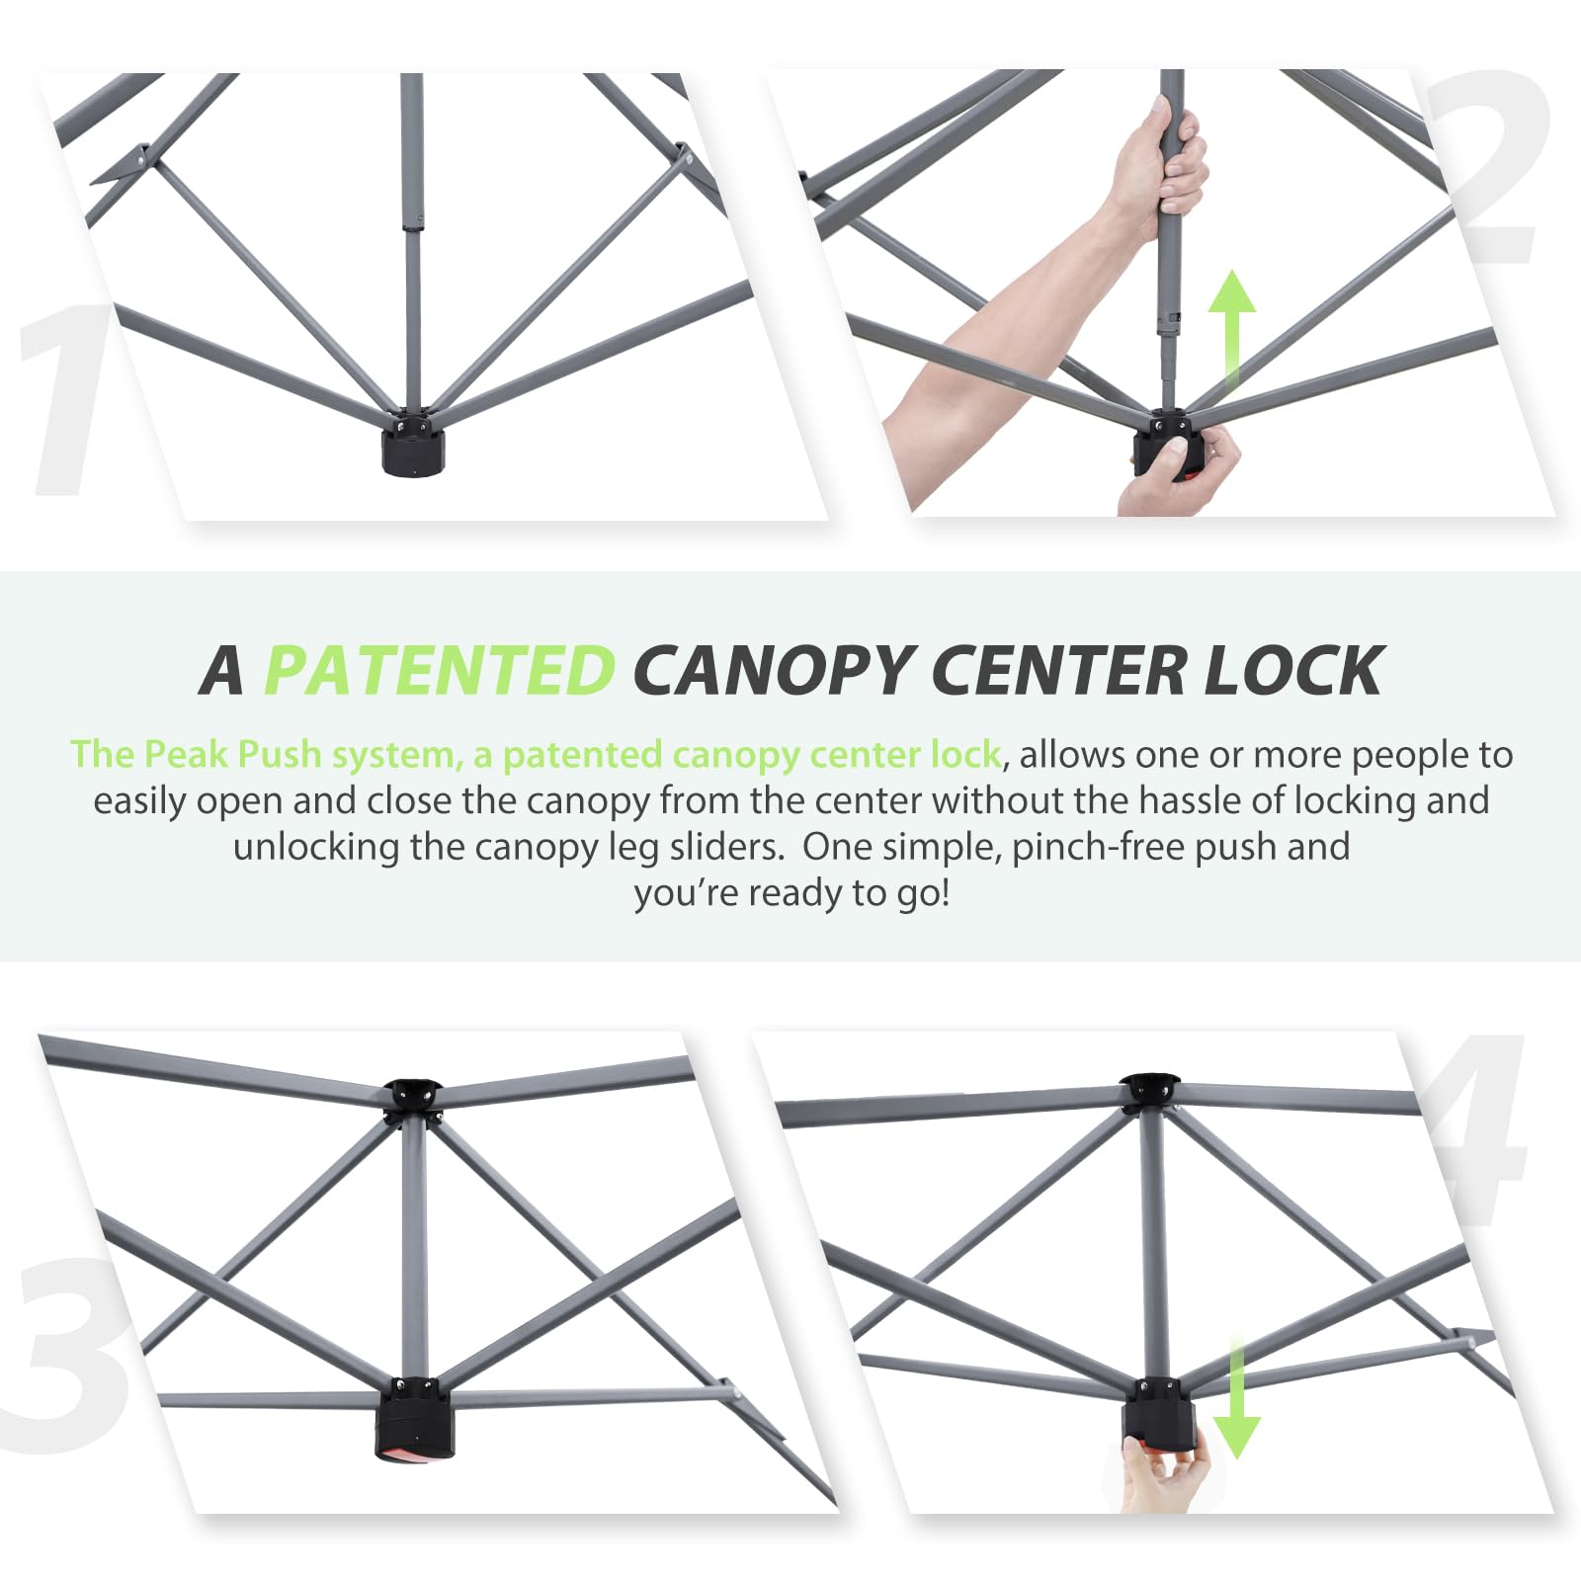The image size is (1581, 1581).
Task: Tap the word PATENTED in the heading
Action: [440, 670]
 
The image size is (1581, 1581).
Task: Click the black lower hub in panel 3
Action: [414, 1418]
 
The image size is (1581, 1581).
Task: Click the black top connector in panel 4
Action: [1148, 1091]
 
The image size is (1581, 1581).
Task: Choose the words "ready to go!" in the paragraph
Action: [850, 892]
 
